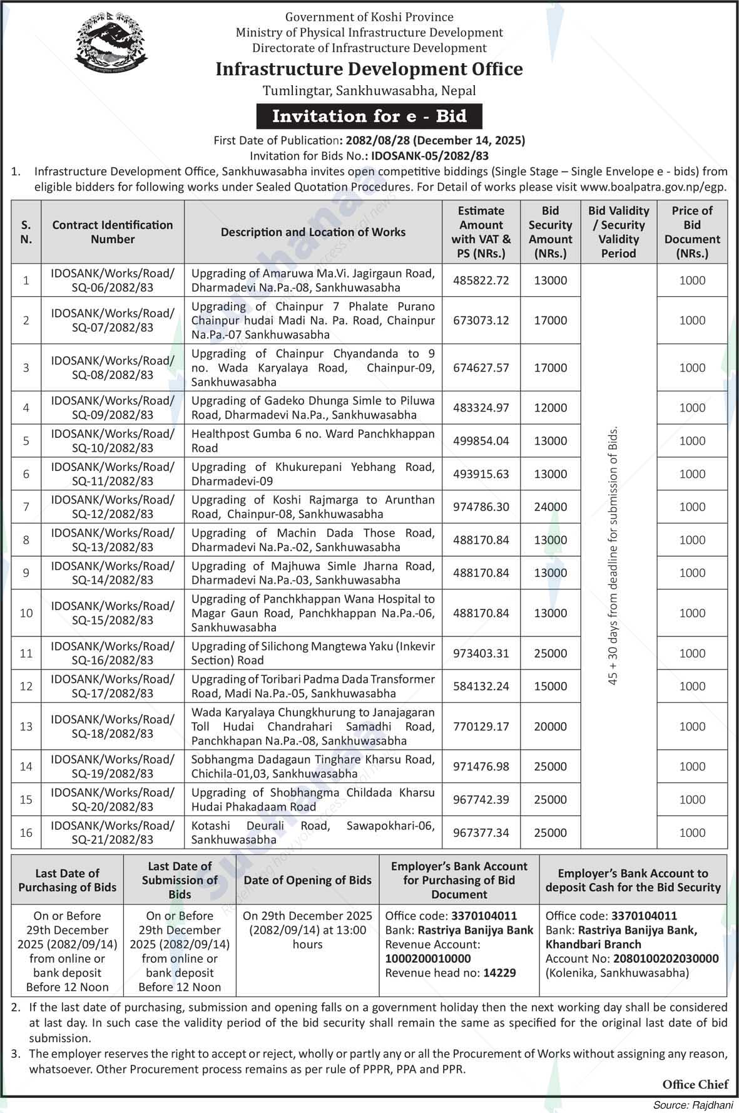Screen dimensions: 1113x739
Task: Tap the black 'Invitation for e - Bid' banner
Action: pyautogui.click(x=369, y=116)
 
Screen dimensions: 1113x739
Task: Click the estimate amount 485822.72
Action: pyautogui.click(x=481, y=281)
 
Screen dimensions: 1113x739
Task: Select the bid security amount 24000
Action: pyautogui.click(x=550, y=507)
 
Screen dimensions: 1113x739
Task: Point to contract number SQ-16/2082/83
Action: pyautogui.click(x=113, y=653)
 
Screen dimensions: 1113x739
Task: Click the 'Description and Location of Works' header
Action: pyautogui.click(x=313, y=232)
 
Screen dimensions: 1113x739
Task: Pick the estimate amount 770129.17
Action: pyautogui.click(x=481, y=727)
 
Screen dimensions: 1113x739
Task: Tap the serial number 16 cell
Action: pyautogui.click(x=26, y=832)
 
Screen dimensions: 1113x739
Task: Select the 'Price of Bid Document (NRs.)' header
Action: pyautogui.click(x=692, y=232)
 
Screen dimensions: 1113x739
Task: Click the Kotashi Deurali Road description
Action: pyautogui.click(x=313, y=832)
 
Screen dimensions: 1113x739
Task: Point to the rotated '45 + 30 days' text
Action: pyautogui.click(x=613, y=556)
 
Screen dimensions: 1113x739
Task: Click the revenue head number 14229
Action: pyautogui.click(x=499, y=973)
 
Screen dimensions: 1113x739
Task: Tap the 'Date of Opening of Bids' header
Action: pyautogui.click(x=307, y=880)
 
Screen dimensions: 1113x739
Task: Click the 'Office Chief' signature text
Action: pyautogui.click(x=695, y=1084)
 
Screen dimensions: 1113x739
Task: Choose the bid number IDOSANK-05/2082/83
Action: pyautogui.click(x=429, y=156)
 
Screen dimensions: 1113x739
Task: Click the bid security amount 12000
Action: pyautogui.click(x=550, y=408)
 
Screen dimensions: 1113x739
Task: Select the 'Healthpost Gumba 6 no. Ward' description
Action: pyautogui.click(x=313, y=441)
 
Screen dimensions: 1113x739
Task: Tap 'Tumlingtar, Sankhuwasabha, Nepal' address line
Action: pyautogui.click(x=369, y=91)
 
